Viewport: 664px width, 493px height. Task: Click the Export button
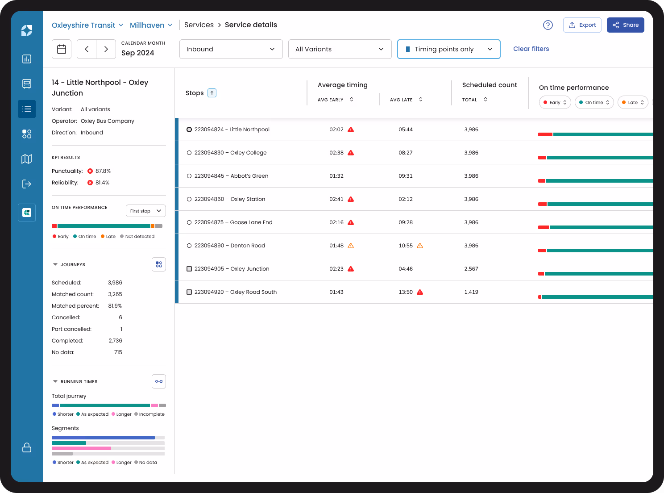pyautogui.click(x=582, y=25)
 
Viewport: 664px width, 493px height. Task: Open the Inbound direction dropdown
pyautogui.click(x=231, y=49)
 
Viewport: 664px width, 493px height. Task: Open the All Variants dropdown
pyautogui.click(x=340, y=49)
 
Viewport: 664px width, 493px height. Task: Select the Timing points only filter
pyautogui.click(x=448, y=49)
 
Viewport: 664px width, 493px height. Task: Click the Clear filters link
pyautogui.click(x=531, y=49)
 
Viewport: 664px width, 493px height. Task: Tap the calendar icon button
pyautogui.click(x=62, y=49)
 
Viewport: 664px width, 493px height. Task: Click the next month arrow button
pyautogui.click(x=106, y=49)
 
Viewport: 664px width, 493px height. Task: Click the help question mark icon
pyautogui.click(x=548, y=25)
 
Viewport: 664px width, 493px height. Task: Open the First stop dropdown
pyautogui.click(x=145, y=211)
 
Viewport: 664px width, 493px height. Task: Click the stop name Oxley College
pyautogui.click(x=248, y=153)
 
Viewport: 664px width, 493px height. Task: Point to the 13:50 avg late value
pyautogui.click(x=405, y=292)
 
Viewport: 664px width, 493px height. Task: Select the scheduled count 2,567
pyautogui.click(x=471, y=269)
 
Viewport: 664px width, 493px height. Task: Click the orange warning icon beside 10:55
pyautogui.click(x=420, y=246)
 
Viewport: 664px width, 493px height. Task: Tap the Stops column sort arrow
pyautogui.click(x=212, y=93)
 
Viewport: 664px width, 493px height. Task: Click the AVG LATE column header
pyautogui.click(x=401, y=100)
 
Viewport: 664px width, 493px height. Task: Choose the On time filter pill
pyautogui.click(x=594, y=102)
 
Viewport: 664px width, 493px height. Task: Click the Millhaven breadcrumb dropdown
pyautogui.click(x=151, y=25)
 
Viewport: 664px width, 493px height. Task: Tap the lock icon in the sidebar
pyautogui.click(x=27, y=447)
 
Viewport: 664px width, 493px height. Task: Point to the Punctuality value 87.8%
pyautogui.click(x=103, y=171)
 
